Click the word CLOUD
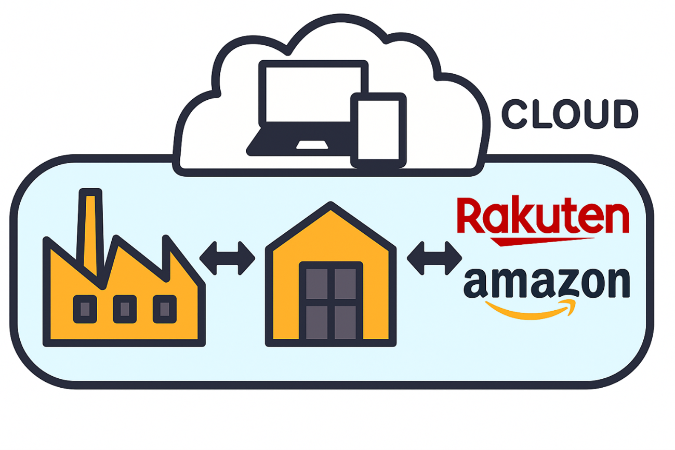coord(569,114)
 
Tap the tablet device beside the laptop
coord(378,130)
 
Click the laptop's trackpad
coord(312,144)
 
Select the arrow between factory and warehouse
coord(227,258)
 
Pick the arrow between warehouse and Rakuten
coord(434,258)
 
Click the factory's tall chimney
coord(90,229)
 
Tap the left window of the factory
coord(85,309)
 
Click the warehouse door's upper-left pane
coord(316,284)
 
